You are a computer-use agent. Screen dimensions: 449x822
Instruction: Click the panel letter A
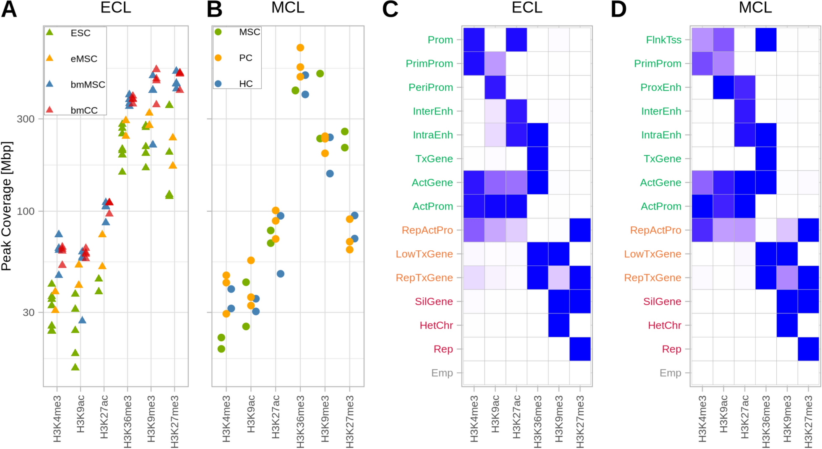(9, 9)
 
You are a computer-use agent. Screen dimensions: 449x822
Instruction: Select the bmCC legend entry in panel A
(83, 110)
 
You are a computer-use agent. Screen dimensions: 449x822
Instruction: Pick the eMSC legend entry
(83, 59)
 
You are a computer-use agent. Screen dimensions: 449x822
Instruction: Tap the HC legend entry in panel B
(246, 84)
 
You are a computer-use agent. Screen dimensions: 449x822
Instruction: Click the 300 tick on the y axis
(26, 119)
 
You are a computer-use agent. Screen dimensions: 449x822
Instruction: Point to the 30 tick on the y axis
(28, 312)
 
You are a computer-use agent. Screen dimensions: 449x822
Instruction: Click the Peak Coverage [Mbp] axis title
(7, 206)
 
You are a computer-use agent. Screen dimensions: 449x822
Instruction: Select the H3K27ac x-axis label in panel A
(104, 417)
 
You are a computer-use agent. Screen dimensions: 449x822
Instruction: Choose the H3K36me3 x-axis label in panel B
(300, 421)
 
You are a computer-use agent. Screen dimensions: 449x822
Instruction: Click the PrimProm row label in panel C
(429, 64)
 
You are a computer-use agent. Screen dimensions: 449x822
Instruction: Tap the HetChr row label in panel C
(436, 325)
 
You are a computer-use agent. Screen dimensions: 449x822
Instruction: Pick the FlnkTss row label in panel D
(663, 40)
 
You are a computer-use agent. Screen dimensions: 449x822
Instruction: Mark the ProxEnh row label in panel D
(661, 88)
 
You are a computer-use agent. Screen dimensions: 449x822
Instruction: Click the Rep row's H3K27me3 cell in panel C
(580, 349)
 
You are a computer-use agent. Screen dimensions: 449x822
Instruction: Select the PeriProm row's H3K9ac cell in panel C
(495, 87)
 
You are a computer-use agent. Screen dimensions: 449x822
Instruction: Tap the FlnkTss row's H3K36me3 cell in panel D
(766, 40)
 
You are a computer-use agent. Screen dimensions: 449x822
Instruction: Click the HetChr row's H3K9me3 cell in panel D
(787, 325)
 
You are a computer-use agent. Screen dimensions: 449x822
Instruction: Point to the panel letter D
(619, 9)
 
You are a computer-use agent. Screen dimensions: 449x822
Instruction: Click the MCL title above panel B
(288, 8)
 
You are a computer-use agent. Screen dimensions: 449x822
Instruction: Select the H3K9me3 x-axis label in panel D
(787, 419)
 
